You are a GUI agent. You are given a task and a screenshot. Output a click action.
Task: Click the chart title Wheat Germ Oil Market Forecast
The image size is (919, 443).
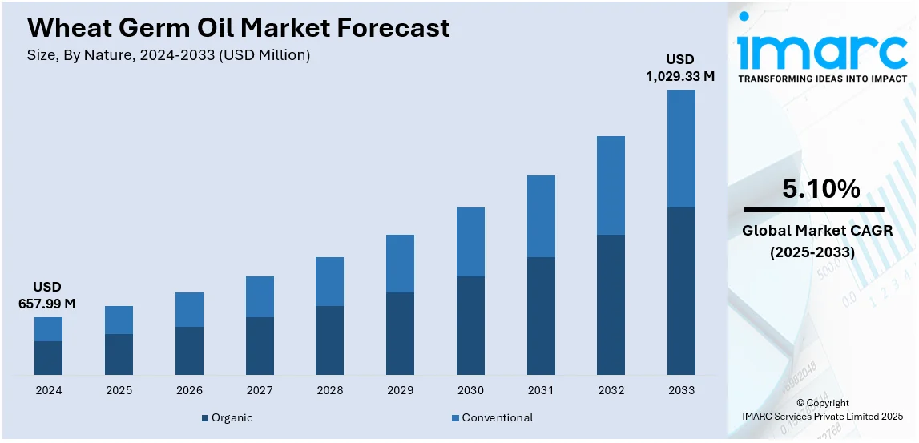coord(238,28)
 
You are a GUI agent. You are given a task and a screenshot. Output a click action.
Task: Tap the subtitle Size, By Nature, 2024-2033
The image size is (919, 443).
coord(168,55)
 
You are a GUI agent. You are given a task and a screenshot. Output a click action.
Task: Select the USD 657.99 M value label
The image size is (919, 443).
coord(46,296)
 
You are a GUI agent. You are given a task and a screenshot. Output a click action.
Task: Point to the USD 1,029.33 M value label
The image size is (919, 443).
coord(680,68)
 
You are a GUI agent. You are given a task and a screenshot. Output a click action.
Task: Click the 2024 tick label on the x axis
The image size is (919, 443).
coord(48,390)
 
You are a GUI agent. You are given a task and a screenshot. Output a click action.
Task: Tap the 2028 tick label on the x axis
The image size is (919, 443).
coord(329,390)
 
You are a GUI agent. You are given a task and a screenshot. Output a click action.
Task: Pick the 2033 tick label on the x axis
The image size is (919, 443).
coord(681,390)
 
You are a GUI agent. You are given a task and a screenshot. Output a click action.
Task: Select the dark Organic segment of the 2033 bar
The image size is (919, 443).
coord(681,291)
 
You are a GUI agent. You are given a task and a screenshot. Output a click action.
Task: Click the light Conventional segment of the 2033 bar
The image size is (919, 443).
coord(681,148)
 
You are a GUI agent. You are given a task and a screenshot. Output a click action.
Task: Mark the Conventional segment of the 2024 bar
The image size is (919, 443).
coord(48,329)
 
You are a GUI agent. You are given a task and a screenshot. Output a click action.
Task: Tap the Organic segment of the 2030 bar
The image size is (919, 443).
coord(470,325)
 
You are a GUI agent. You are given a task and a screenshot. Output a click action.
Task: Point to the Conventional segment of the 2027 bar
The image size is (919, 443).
coord(260,296)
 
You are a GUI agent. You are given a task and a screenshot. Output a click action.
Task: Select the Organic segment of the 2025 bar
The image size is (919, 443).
coord(119,354)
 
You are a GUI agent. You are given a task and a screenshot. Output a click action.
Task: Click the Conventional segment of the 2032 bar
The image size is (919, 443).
coord(611,185)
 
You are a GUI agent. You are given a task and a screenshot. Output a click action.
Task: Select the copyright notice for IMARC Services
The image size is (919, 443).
coord(822,409)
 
